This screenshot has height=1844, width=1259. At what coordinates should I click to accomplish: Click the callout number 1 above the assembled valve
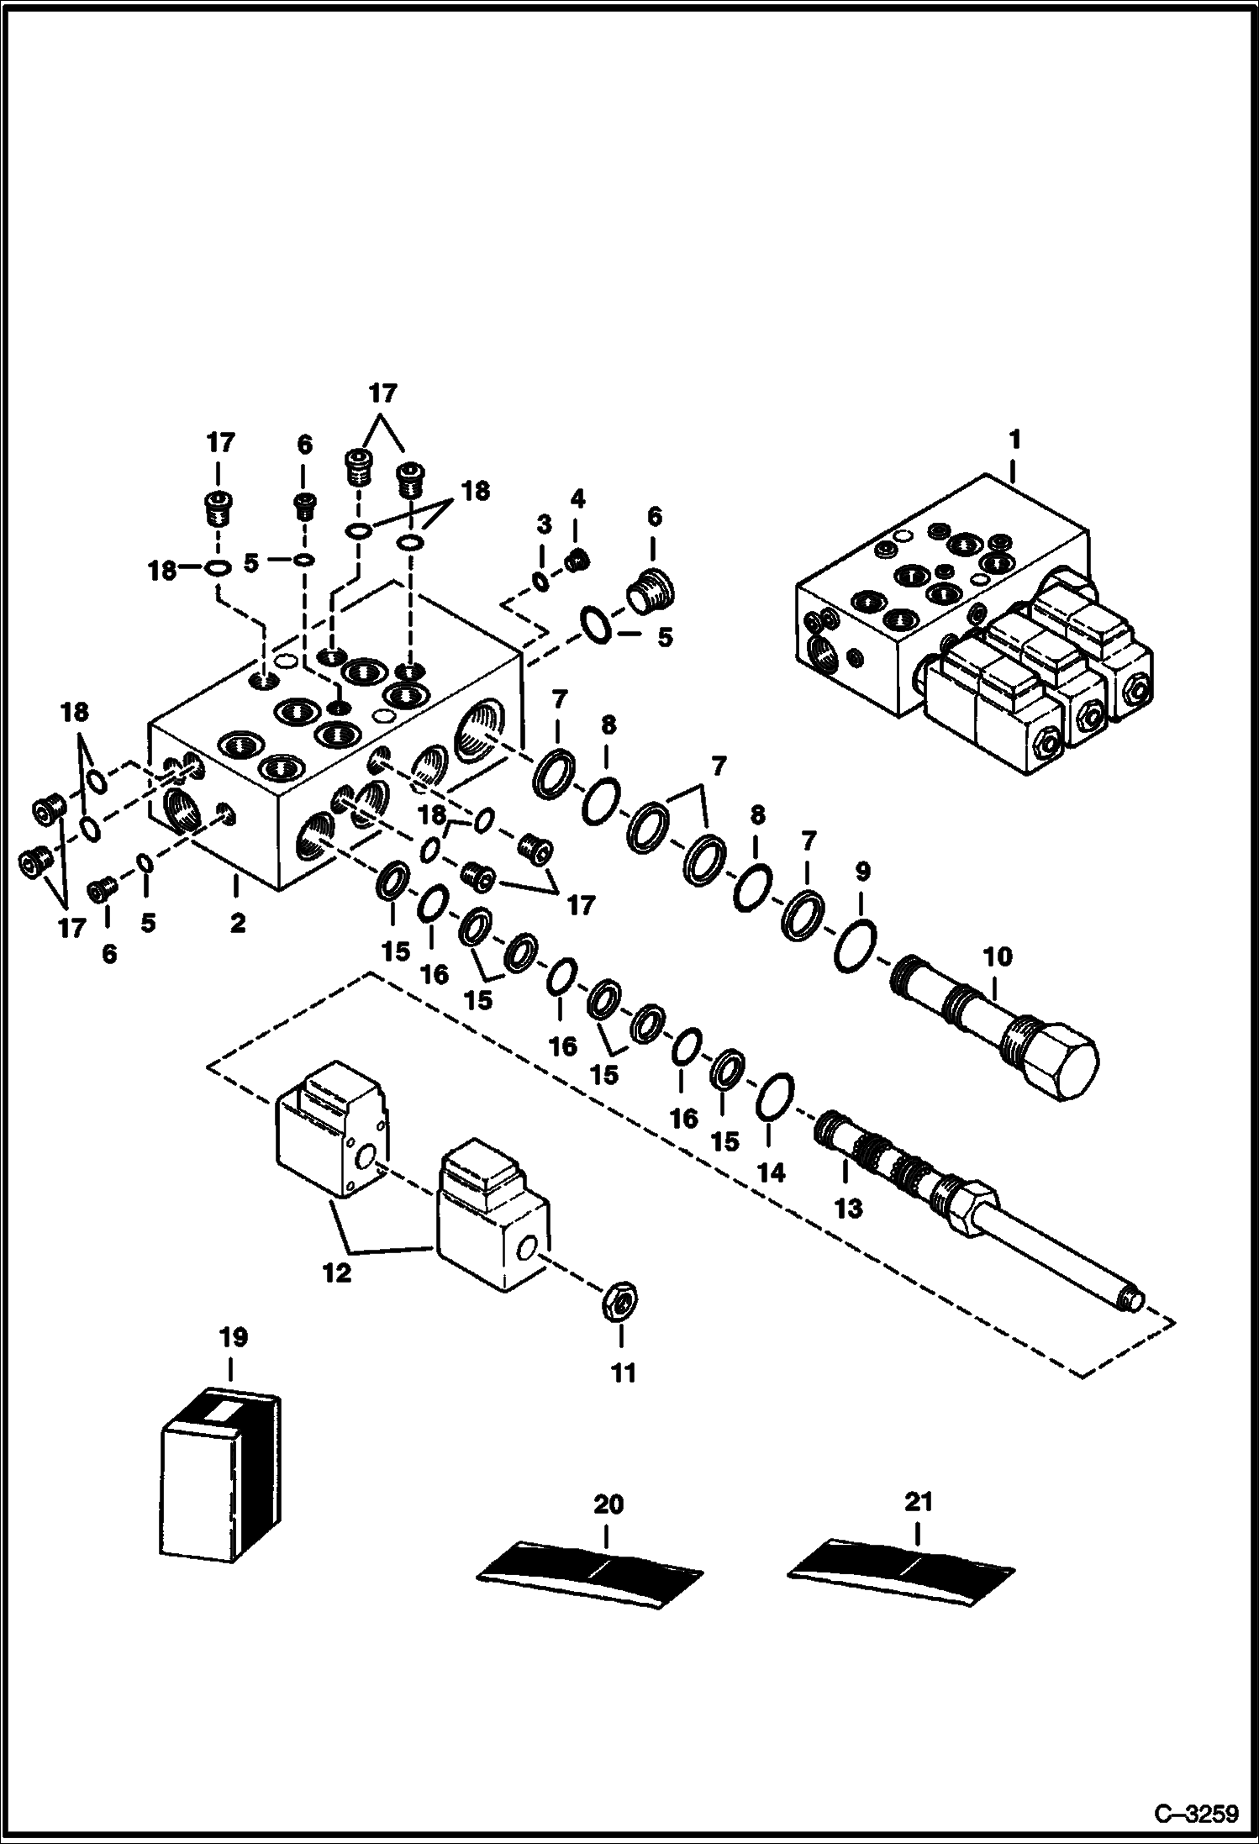point(1014,439)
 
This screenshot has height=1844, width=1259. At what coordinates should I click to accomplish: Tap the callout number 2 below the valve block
point(238,923)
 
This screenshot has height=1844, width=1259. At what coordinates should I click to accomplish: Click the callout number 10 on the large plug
point(998,956)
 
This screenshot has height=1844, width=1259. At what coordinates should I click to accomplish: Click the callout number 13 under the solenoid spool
point(849,1209)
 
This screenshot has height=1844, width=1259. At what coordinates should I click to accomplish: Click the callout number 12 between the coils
point(336,1274)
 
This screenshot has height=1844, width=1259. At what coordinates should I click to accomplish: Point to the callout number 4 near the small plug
point(577,499)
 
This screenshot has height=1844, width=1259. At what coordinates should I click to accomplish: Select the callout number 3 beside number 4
point(544,525)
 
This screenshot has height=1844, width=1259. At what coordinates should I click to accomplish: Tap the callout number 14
point(772,1172)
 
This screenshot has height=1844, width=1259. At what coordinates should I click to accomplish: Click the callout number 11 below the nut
point(623,1373)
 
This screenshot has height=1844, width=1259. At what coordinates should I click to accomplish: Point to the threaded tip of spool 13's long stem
point(1132,1325)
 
